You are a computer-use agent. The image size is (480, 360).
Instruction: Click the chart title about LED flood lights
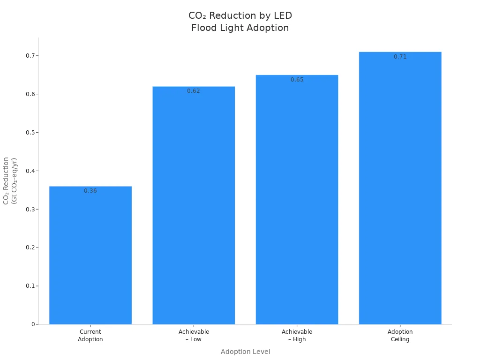point(240,22)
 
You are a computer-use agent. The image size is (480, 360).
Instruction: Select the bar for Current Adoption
point(90,255)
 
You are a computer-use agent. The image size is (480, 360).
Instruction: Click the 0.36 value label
point(90,191)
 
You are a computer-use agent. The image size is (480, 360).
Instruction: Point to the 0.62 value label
point(194,91)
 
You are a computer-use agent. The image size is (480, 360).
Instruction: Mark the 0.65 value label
point(297,80)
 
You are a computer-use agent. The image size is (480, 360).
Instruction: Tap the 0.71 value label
point(400,57)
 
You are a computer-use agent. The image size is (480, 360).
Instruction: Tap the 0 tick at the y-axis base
point(33,324)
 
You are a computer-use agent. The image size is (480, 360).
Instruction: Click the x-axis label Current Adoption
point(90,336)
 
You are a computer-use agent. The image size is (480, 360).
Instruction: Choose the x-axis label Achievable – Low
point(194,336)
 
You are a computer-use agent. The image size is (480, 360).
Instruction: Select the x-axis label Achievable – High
point(297,336)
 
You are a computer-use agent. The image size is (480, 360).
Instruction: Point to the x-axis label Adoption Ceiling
point(400,336)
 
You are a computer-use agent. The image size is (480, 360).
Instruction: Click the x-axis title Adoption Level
point(245,352)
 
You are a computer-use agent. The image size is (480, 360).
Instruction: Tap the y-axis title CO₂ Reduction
point(10,180)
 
